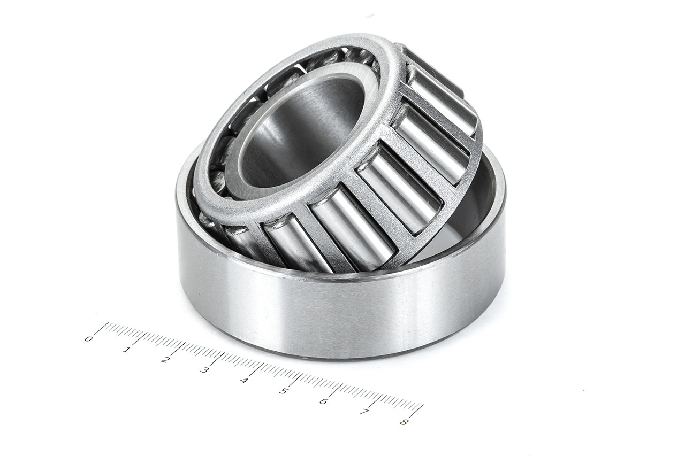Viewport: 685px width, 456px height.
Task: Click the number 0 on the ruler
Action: (x=89, y=339)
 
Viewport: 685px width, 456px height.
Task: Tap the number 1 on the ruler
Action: (x=126, y=350)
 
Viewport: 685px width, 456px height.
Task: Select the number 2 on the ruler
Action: (x=165, y=360)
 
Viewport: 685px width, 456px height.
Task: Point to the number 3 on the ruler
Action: (x=204, y=370)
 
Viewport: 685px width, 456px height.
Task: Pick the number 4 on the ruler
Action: (x=244, y=381)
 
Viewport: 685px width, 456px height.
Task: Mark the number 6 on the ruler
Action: (x=323, y=401)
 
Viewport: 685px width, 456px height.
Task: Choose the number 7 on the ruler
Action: (x=363, y=412)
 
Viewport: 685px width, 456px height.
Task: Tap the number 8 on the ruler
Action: (x=403, y=422)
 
